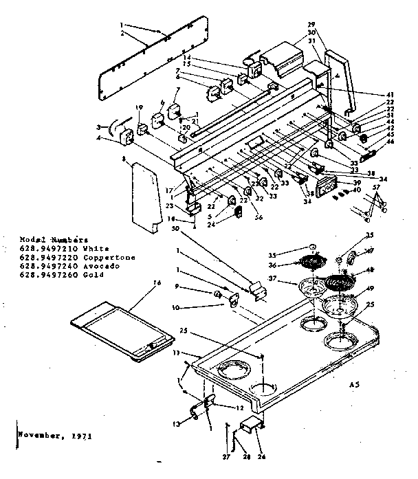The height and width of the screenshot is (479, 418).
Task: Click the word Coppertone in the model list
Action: tap(88, 258)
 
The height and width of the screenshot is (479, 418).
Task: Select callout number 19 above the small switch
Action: tap(138, 107)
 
